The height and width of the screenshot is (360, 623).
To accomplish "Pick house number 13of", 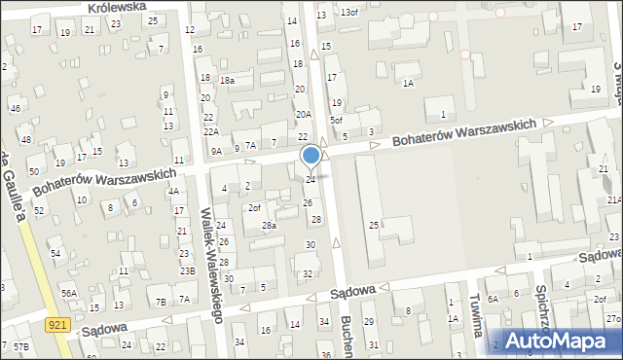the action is (348, 12).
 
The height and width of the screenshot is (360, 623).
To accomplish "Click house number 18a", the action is (227, 80).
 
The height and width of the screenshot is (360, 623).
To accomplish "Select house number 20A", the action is (303, 114).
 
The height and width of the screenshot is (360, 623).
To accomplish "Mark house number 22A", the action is (210, 131).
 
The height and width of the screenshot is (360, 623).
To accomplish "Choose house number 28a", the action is (269, 226).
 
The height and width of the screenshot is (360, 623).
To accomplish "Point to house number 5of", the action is (336, 120).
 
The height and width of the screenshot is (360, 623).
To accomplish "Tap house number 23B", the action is (187, 270).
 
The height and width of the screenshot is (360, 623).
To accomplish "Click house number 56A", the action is (68, 293).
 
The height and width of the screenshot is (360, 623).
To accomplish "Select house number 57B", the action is (20, 346).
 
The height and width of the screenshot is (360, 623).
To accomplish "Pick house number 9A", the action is (216, 151).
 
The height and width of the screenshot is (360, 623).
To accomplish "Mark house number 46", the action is (15, 107).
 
